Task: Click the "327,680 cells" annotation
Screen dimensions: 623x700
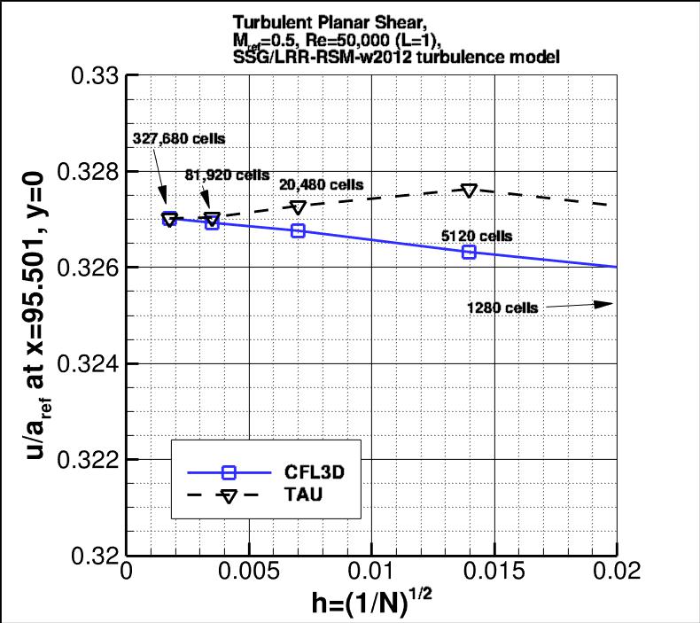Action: [x=179, y=139]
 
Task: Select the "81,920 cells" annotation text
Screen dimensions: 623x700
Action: [x=227, y=175]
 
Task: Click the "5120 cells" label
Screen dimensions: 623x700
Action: [x=477, y=236]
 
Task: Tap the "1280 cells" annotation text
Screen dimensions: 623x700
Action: [x=502, y=308]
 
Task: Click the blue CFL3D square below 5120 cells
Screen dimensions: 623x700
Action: [x=469, y=252]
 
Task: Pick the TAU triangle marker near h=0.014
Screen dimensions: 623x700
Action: [x=469, y=191]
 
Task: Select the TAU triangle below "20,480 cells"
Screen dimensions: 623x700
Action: [x=298, y=207]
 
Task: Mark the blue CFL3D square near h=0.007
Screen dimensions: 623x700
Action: [x=298, y=230]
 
